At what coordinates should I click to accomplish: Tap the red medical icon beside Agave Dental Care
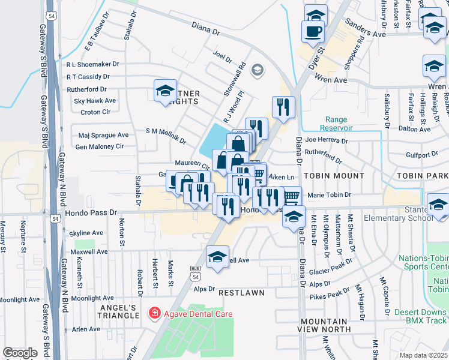(154, 313)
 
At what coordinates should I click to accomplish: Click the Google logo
(20, 353)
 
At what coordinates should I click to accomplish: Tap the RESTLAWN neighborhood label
(241, 292)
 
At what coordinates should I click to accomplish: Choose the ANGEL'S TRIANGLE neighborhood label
(118, 311)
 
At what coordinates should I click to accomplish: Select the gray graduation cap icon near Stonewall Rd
(257, 71)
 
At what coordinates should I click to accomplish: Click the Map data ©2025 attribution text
(423, 355)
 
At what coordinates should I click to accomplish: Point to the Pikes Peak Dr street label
(330, 295)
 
